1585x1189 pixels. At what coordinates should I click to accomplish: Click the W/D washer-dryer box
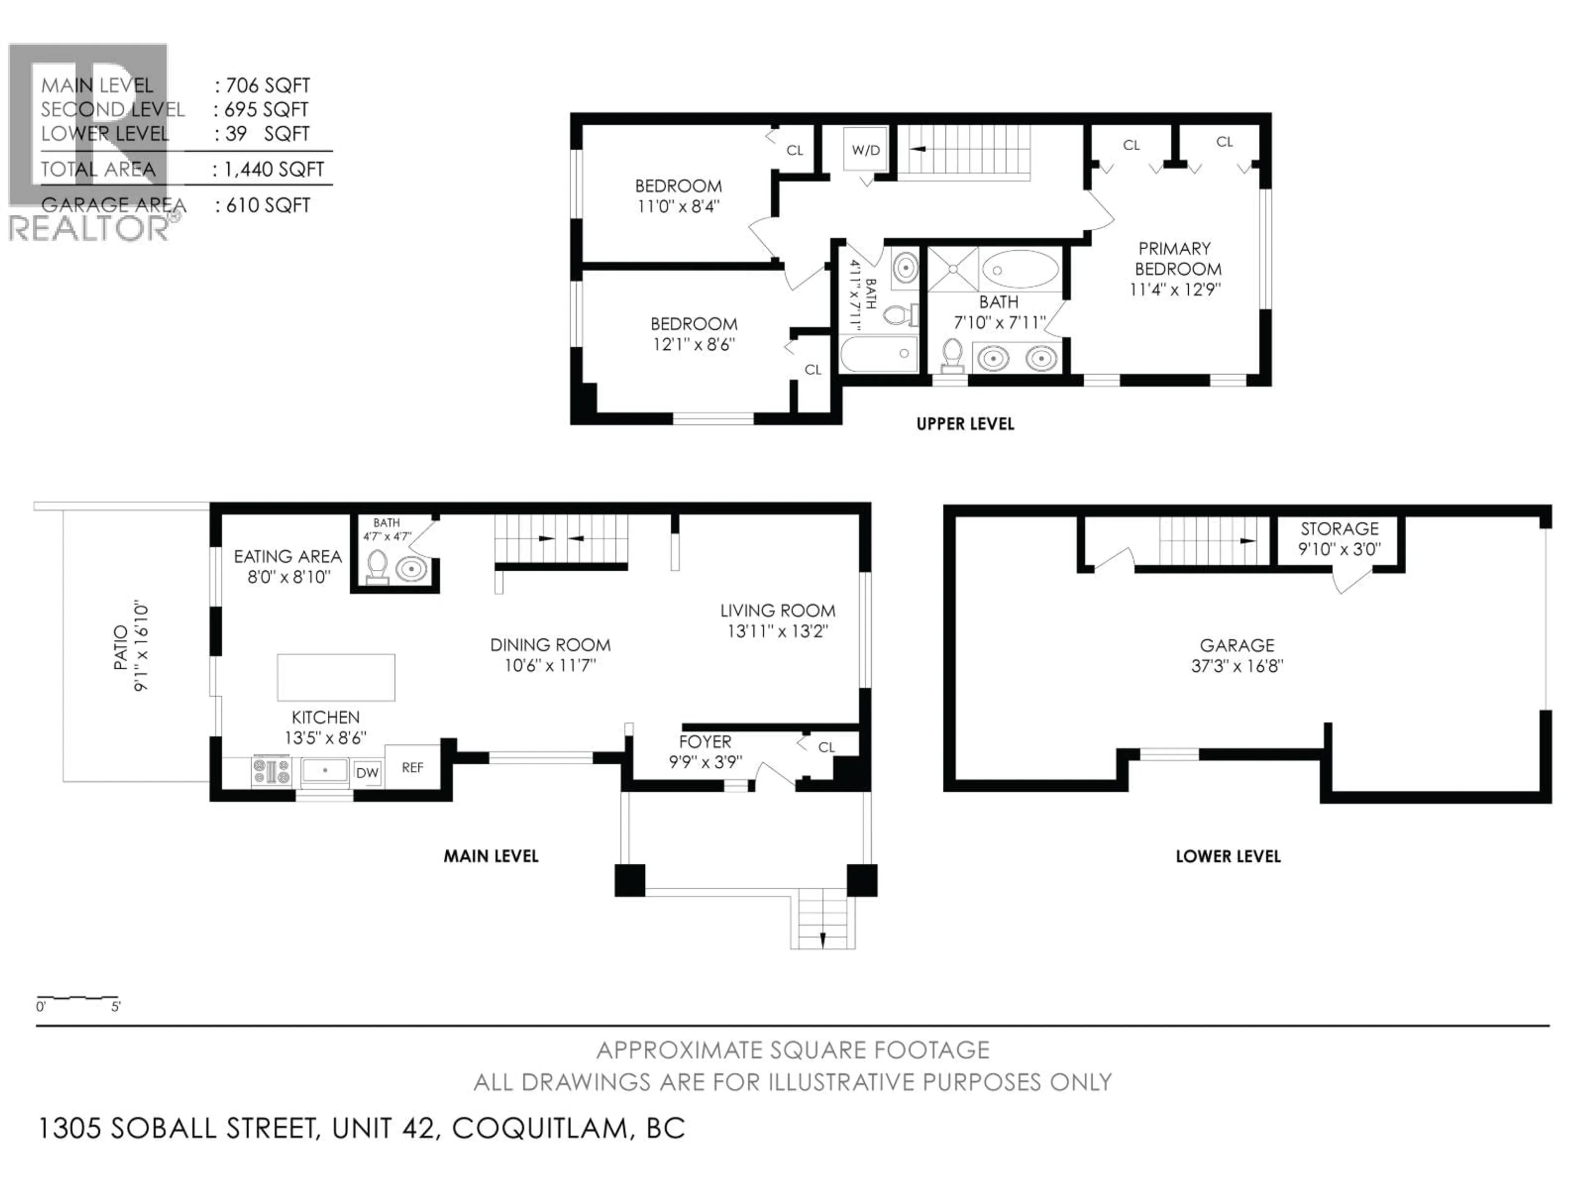pos(866,150)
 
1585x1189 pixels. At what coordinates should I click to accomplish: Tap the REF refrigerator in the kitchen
pos(412,767)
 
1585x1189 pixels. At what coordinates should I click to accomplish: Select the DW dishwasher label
pos(367,772)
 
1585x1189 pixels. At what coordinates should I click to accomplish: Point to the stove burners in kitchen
pos(272,771)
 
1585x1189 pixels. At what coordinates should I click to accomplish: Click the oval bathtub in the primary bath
pos(1020,270)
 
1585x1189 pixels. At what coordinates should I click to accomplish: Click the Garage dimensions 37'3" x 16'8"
pos(1237,666)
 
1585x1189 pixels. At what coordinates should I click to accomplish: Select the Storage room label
pos(1339,529)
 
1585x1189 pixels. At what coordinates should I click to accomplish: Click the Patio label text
pos(121,647)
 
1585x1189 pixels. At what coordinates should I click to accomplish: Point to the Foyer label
pos(705,742)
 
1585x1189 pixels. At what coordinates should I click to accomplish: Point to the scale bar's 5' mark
pos(116,1006)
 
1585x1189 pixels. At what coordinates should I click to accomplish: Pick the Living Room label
pos(778,611)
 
